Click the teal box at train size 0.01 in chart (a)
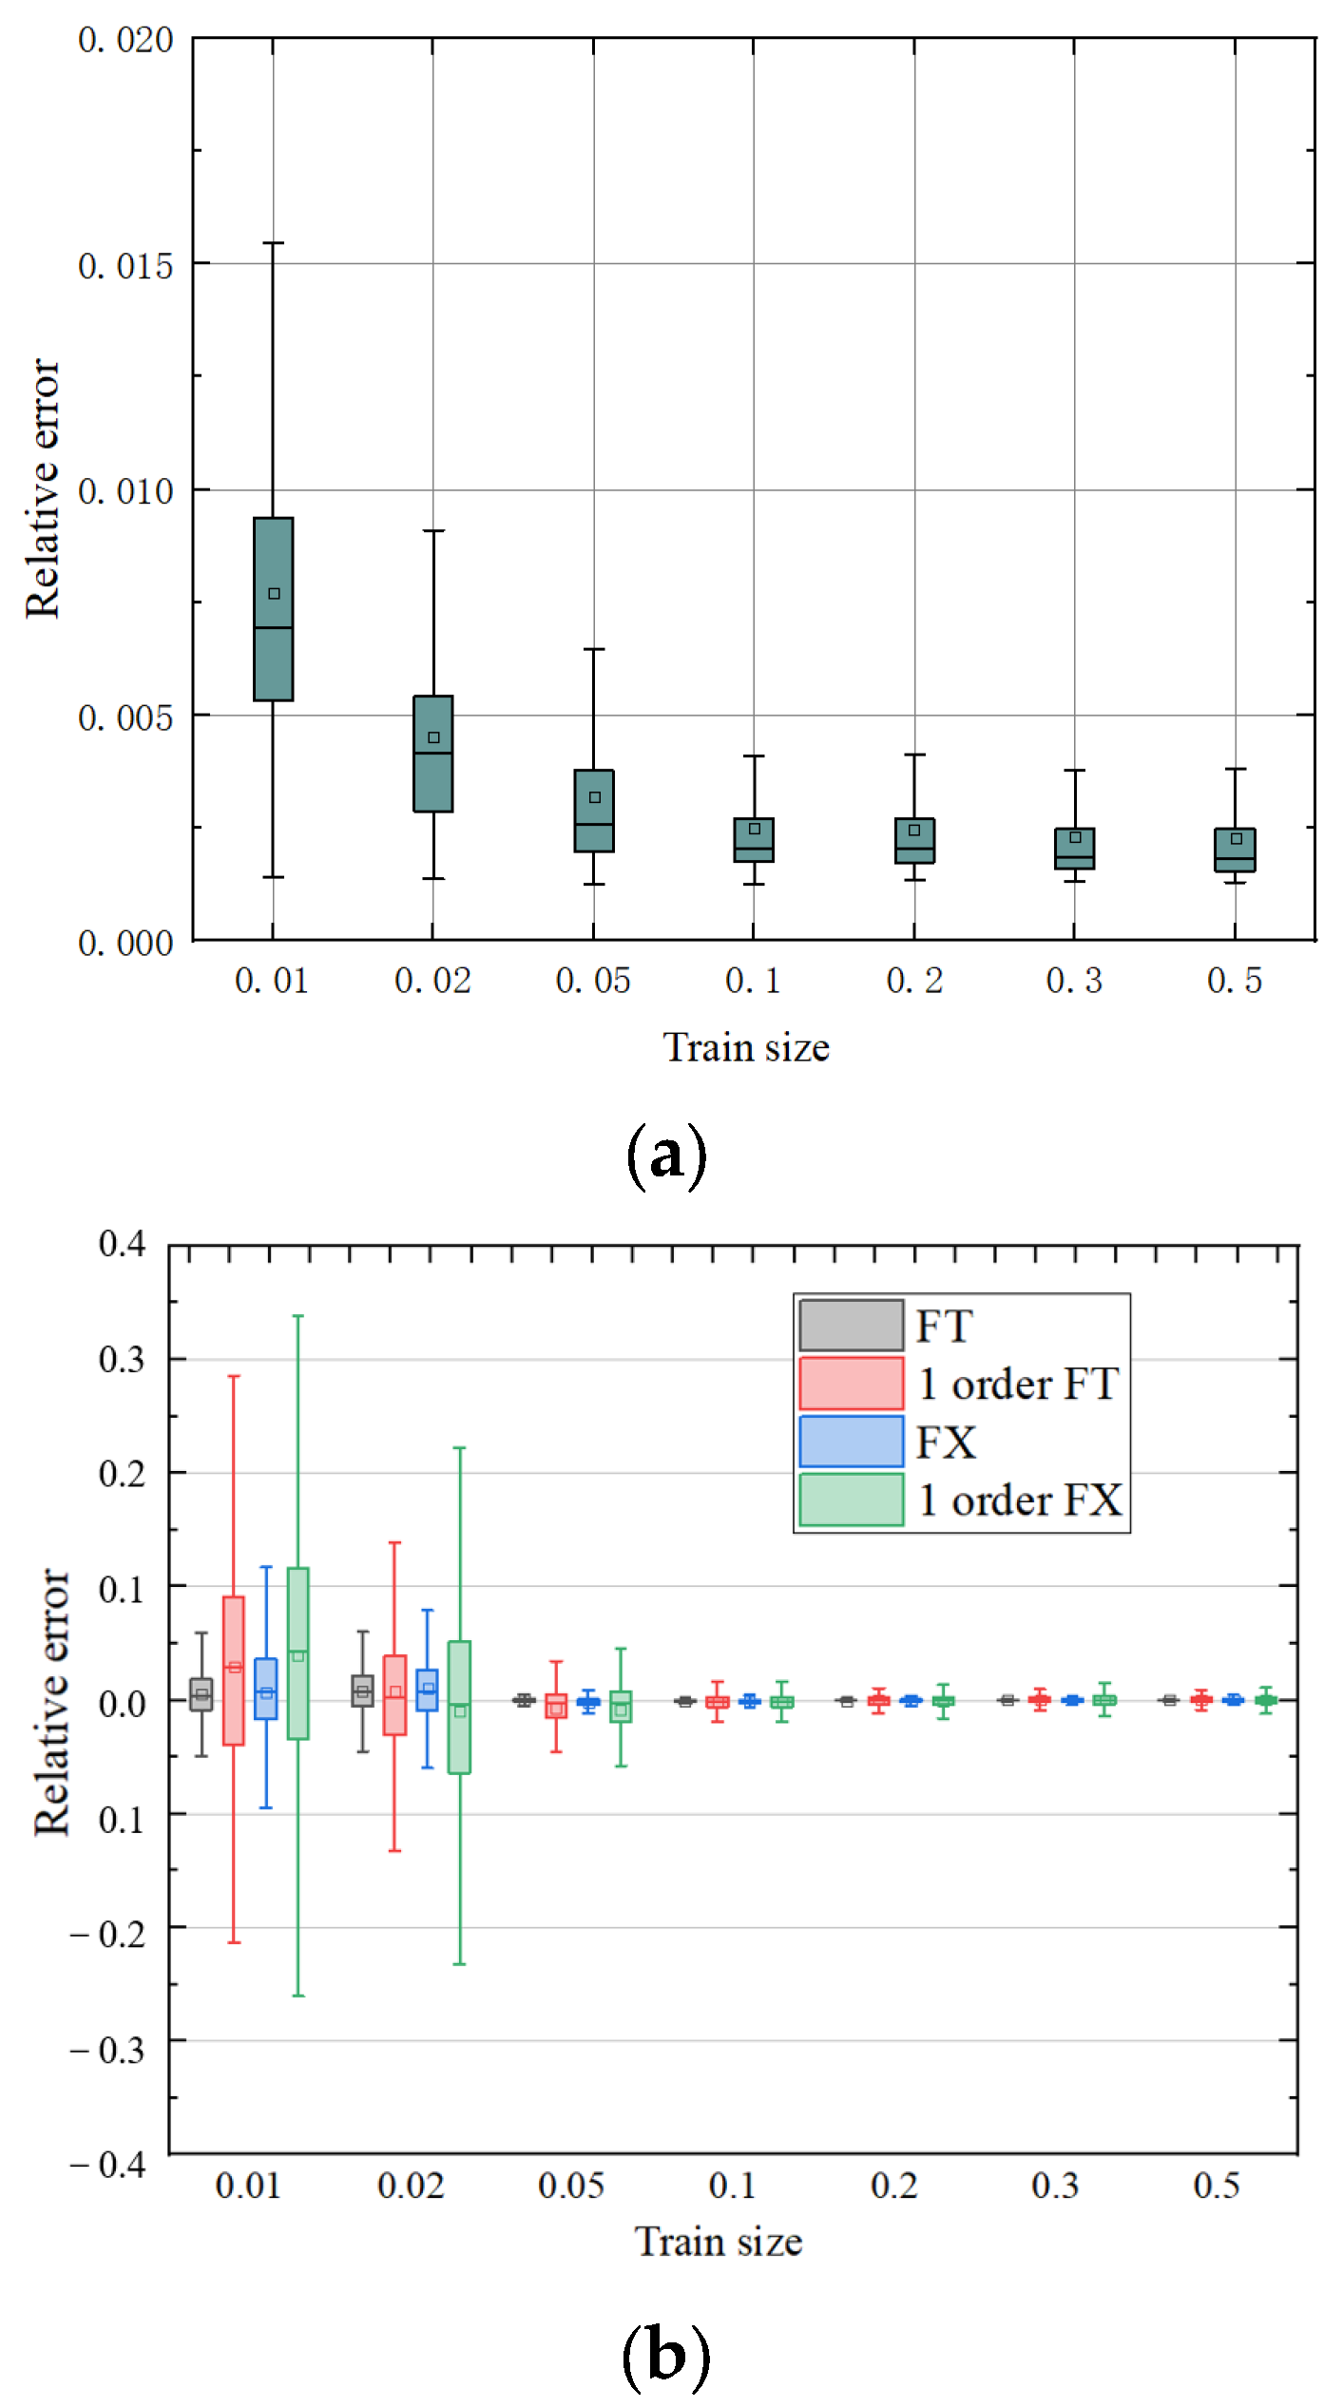pos(273,608)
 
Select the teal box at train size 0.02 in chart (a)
pos(432,753)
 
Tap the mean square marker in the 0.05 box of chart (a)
pos(594,796)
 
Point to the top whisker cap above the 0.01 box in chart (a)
pos(273,243)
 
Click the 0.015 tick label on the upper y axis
pos(125,266)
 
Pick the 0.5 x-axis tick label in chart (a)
pos(1234,980)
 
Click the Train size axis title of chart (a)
pos(746,1047)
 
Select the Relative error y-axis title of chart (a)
pos(43,488)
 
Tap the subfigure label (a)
pos(666,1156)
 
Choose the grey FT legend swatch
pos(851,1325)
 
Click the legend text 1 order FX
pos(1019,1500)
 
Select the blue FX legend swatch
pos(851,1441)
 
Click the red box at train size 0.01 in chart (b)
pos(234,1670)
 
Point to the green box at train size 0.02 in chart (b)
pos(459,1707)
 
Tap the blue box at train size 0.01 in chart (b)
pos(266,1688)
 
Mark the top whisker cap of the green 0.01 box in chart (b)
pos(297,1316)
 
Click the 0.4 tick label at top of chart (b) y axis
pos(123,1243)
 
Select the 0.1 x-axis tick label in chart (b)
pos(732,2185)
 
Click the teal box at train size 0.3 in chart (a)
pos(1074,848)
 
